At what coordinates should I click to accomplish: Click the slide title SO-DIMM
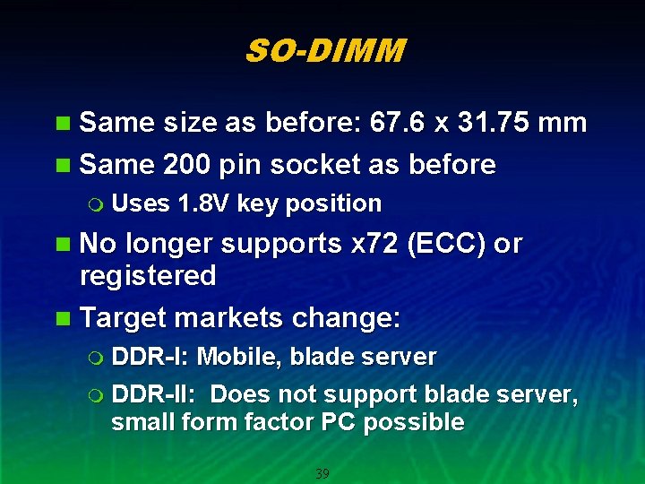pyautogui.click(x=324, y=51)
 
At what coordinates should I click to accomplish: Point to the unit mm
pyautogui.click(x=562, y=123)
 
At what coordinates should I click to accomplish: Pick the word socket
pyautogui.click(x=314, y=164)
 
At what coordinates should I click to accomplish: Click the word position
pyautogui.click(x=333, y=204)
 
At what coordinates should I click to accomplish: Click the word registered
pyautogui.click(x=148, y=275)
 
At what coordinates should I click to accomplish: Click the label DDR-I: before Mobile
pyautogui.click(x=150, y=357)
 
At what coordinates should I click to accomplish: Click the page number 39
pyautogui.click(x=322, y=473)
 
